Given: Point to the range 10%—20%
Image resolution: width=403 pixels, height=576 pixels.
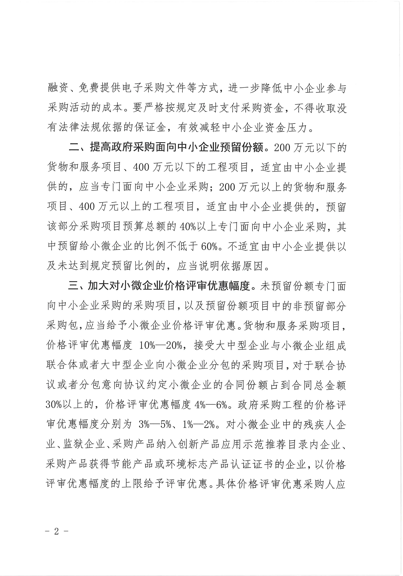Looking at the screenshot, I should (x=160, y=345).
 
